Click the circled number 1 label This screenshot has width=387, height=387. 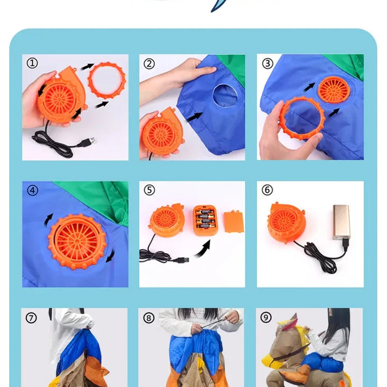click(32, 63)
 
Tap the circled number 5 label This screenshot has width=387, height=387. click(149, 190)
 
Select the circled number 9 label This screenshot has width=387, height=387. click(266, 318)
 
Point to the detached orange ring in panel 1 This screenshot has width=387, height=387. click(106, 80)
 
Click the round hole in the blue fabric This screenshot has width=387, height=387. click(225, 96)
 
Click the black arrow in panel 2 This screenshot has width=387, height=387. click(195, 117)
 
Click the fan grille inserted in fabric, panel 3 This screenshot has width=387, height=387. click(334, 90)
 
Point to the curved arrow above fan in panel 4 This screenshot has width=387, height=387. click(48, 220)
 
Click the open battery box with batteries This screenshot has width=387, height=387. click(205, 220)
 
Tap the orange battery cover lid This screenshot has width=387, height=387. click(234, 221)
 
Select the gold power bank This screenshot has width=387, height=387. click(341, 222)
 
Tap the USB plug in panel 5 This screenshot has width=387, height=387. click(181, 260)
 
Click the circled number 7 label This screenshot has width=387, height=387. click(31, 318)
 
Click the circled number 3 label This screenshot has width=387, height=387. click(268, 63)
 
